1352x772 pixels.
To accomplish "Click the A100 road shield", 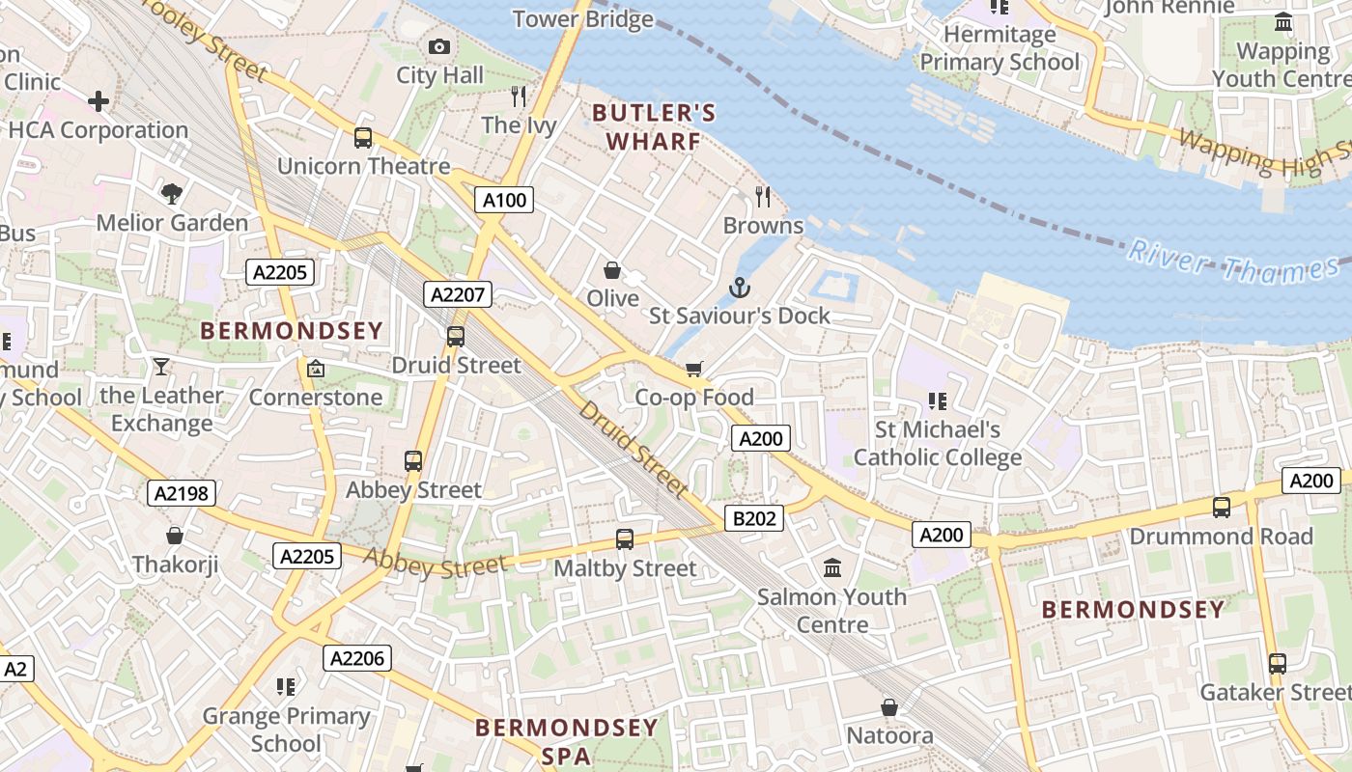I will [504, 200].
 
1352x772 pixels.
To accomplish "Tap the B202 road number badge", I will [754, 518].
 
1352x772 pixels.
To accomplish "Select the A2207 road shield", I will [458, 294].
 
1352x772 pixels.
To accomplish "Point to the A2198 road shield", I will [181, 493].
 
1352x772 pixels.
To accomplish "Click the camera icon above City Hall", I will [438, 46].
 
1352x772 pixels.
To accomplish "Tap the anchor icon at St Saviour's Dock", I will [739, 288].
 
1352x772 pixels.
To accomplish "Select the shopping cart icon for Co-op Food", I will [693, 370].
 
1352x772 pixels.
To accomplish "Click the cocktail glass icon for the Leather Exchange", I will [160, 367].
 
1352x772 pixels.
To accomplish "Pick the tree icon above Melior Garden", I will [172, 194].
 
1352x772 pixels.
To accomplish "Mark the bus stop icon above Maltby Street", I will [625, 539].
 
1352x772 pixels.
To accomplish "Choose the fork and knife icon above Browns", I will [763, 197].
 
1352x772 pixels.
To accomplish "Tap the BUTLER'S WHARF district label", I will [654, 127].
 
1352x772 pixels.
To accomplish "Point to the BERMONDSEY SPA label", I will [566, 741].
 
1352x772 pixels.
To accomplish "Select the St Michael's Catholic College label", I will [937, 443].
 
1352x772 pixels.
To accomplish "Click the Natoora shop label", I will [889, 736].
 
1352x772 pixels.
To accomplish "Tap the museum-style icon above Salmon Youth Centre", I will [832, 567].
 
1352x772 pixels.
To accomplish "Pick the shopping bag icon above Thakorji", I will [175, 535].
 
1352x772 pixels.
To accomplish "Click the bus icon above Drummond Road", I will [1221, 507].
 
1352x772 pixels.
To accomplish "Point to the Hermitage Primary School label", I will [1000, 48].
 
